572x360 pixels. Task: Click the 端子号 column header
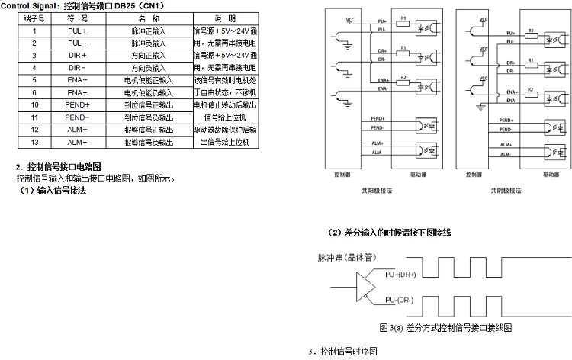point(34,18)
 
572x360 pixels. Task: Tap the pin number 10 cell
point(34,104)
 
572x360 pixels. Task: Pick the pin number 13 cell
point(34,142)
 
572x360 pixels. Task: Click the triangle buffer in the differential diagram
point(365,288)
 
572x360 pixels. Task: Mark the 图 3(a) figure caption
point(445,327)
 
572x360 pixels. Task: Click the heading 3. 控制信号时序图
point(342,352)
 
